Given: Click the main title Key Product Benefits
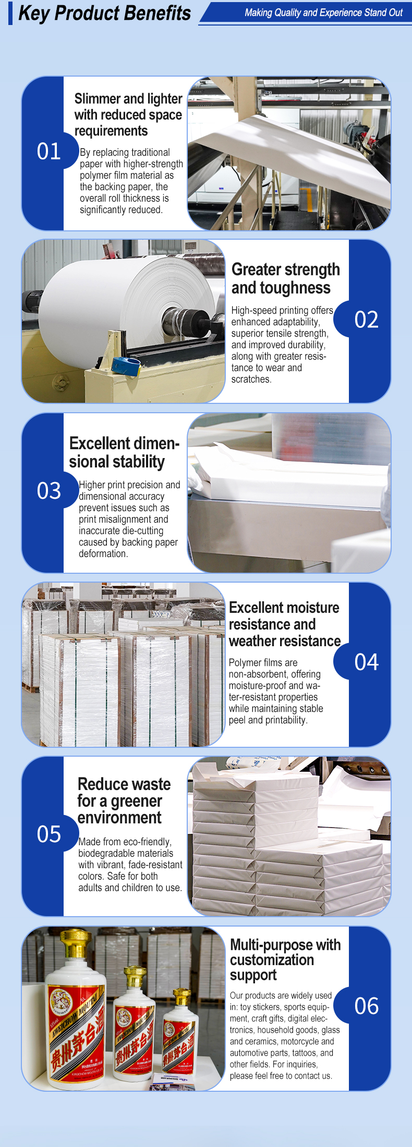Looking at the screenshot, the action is click(104, 13).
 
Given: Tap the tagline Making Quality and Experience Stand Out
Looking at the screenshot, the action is click(323, 13).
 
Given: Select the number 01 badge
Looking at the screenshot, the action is click(49, 152).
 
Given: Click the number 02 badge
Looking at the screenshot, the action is click(366, 319).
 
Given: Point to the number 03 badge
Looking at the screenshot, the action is click(49, 491).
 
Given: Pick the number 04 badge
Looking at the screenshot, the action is click(366, 662).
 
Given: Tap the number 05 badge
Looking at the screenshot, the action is click(49, 834).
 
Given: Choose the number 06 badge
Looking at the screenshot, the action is click(366, 1006).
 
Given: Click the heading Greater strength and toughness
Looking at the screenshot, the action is click(286, 278).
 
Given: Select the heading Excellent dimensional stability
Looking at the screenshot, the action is click(124, 452).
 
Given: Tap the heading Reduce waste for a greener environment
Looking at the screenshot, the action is click(124, 801).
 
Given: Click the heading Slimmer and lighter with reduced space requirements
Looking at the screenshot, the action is click(128, 115).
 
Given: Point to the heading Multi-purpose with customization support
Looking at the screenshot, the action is click(285, 960).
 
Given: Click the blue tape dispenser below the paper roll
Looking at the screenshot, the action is click(126, 366).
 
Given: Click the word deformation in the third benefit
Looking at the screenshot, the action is click(103, 553).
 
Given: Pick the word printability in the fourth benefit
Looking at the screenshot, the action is click(286, 720).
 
